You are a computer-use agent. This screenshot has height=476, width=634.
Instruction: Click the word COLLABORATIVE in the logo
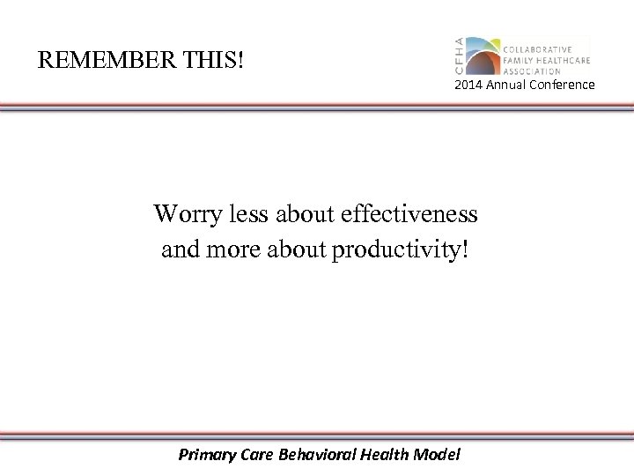coord(537,48)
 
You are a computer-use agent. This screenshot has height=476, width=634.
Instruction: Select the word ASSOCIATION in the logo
coord(532,71)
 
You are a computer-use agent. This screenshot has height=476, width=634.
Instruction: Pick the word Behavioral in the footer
coord(316,455)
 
